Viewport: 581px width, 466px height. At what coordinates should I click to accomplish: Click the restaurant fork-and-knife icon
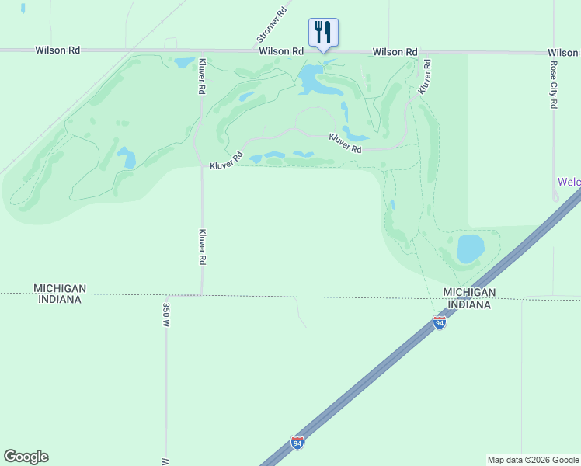[x=323, y=32]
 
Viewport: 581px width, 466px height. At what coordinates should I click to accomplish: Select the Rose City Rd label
[x=554, y=84]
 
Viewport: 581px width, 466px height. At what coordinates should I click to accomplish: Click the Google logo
[x=26, y=457]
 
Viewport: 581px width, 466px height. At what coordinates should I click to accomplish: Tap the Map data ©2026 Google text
[x=533, y=460]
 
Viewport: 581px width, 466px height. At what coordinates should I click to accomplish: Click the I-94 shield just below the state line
[x=440, y=322]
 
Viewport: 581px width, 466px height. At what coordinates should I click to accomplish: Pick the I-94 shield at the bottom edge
[x=297, y=442]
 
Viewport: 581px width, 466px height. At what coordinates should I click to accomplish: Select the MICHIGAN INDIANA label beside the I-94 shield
[x=469, y=298]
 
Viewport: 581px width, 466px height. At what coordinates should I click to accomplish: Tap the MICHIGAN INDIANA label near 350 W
[x=59, y=294]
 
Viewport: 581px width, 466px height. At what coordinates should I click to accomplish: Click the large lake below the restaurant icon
[x=311, y=78]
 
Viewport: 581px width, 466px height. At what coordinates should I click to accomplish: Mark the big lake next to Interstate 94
[x=471, y=249]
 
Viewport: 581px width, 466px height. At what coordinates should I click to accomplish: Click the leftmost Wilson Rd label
[x=57, y=50]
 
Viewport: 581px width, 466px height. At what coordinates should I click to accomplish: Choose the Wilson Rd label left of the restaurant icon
[x=281, y=51]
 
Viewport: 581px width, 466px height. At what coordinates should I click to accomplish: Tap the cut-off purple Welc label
[x=569, y=182]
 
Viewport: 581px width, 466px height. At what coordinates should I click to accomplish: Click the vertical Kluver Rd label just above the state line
[x=202, y=248]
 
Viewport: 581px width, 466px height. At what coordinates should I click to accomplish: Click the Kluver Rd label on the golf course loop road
[x=346, y=143]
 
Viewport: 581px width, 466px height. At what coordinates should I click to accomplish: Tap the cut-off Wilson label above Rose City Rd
[x=565, y=53]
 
